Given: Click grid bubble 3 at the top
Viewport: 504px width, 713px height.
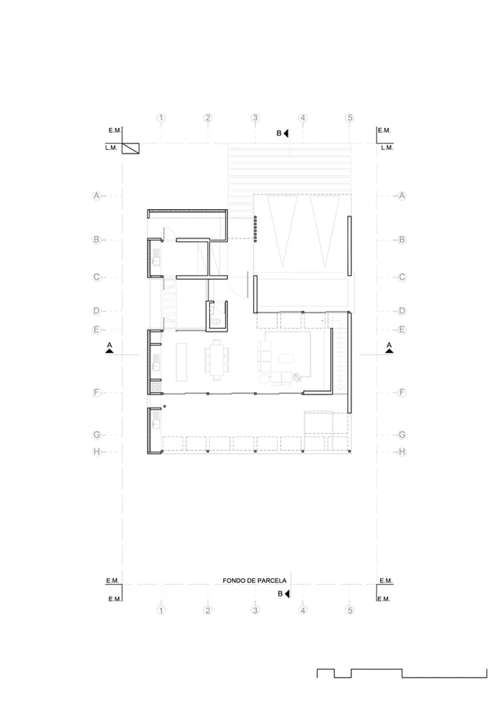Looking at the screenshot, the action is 255,118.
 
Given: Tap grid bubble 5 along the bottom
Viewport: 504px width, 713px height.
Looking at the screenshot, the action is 350,610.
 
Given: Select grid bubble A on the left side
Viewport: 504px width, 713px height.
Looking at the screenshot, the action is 96,196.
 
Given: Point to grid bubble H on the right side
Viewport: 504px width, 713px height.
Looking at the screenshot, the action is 402,452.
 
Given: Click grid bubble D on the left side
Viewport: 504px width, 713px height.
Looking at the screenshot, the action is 96,311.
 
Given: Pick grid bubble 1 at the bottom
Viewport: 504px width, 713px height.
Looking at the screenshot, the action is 161,610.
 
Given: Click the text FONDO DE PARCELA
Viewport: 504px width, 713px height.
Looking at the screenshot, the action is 255,581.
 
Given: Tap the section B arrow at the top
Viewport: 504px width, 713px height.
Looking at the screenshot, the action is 286,134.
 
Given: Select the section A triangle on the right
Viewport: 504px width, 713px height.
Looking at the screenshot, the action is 389,351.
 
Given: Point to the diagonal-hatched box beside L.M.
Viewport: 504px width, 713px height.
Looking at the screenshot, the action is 130,148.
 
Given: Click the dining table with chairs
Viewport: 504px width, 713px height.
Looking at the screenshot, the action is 217,360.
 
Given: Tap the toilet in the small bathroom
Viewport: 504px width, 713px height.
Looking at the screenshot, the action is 216,321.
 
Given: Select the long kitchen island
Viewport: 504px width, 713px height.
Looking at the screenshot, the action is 181,362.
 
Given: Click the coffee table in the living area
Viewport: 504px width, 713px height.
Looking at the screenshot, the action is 287,358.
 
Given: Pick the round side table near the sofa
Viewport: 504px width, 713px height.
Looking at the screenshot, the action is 264,379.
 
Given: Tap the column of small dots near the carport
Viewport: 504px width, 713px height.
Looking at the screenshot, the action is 256,229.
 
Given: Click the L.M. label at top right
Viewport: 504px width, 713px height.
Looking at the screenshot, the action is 387,148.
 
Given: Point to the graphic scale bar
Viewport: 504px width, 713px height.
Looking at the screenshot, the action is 402,673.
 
